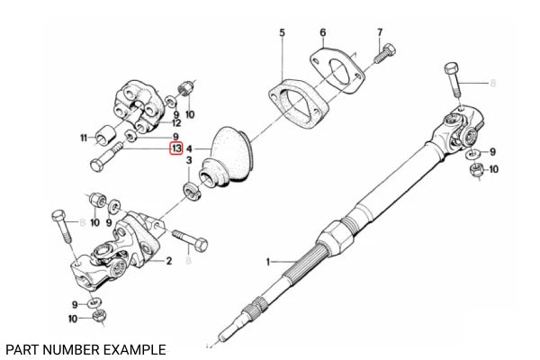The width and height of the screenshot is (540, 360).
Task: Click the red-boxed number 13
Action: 176,148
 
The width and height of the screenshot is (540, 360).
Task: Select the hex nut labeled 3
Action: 191,190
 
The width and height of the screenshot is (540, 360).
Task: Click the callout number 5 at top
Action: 282,33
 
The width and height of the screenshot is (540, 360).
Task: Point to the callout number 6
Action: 322,33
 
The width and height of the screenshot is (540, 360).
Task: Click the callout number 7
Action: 380,33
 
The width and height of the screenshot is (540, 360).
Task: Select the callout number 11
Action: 84,138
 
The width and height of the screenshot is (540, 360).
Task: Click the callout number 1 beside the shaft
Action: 266,261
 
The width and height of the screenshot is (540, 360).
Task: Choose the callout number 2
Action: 168,261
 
